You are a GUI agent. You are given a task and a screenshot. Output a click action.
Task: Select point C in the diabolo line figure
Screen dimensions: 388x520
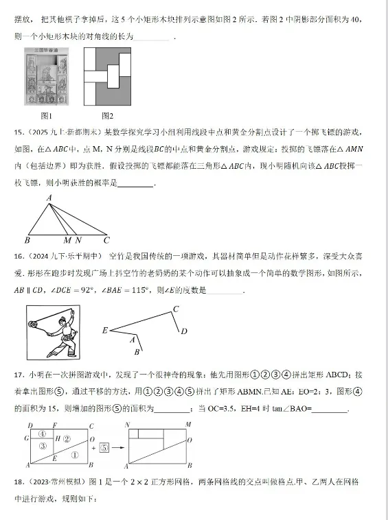[176, 309]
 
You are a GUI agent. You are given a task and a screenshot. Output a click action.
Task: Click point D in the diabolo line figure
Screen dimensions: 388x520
[183, 331]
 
